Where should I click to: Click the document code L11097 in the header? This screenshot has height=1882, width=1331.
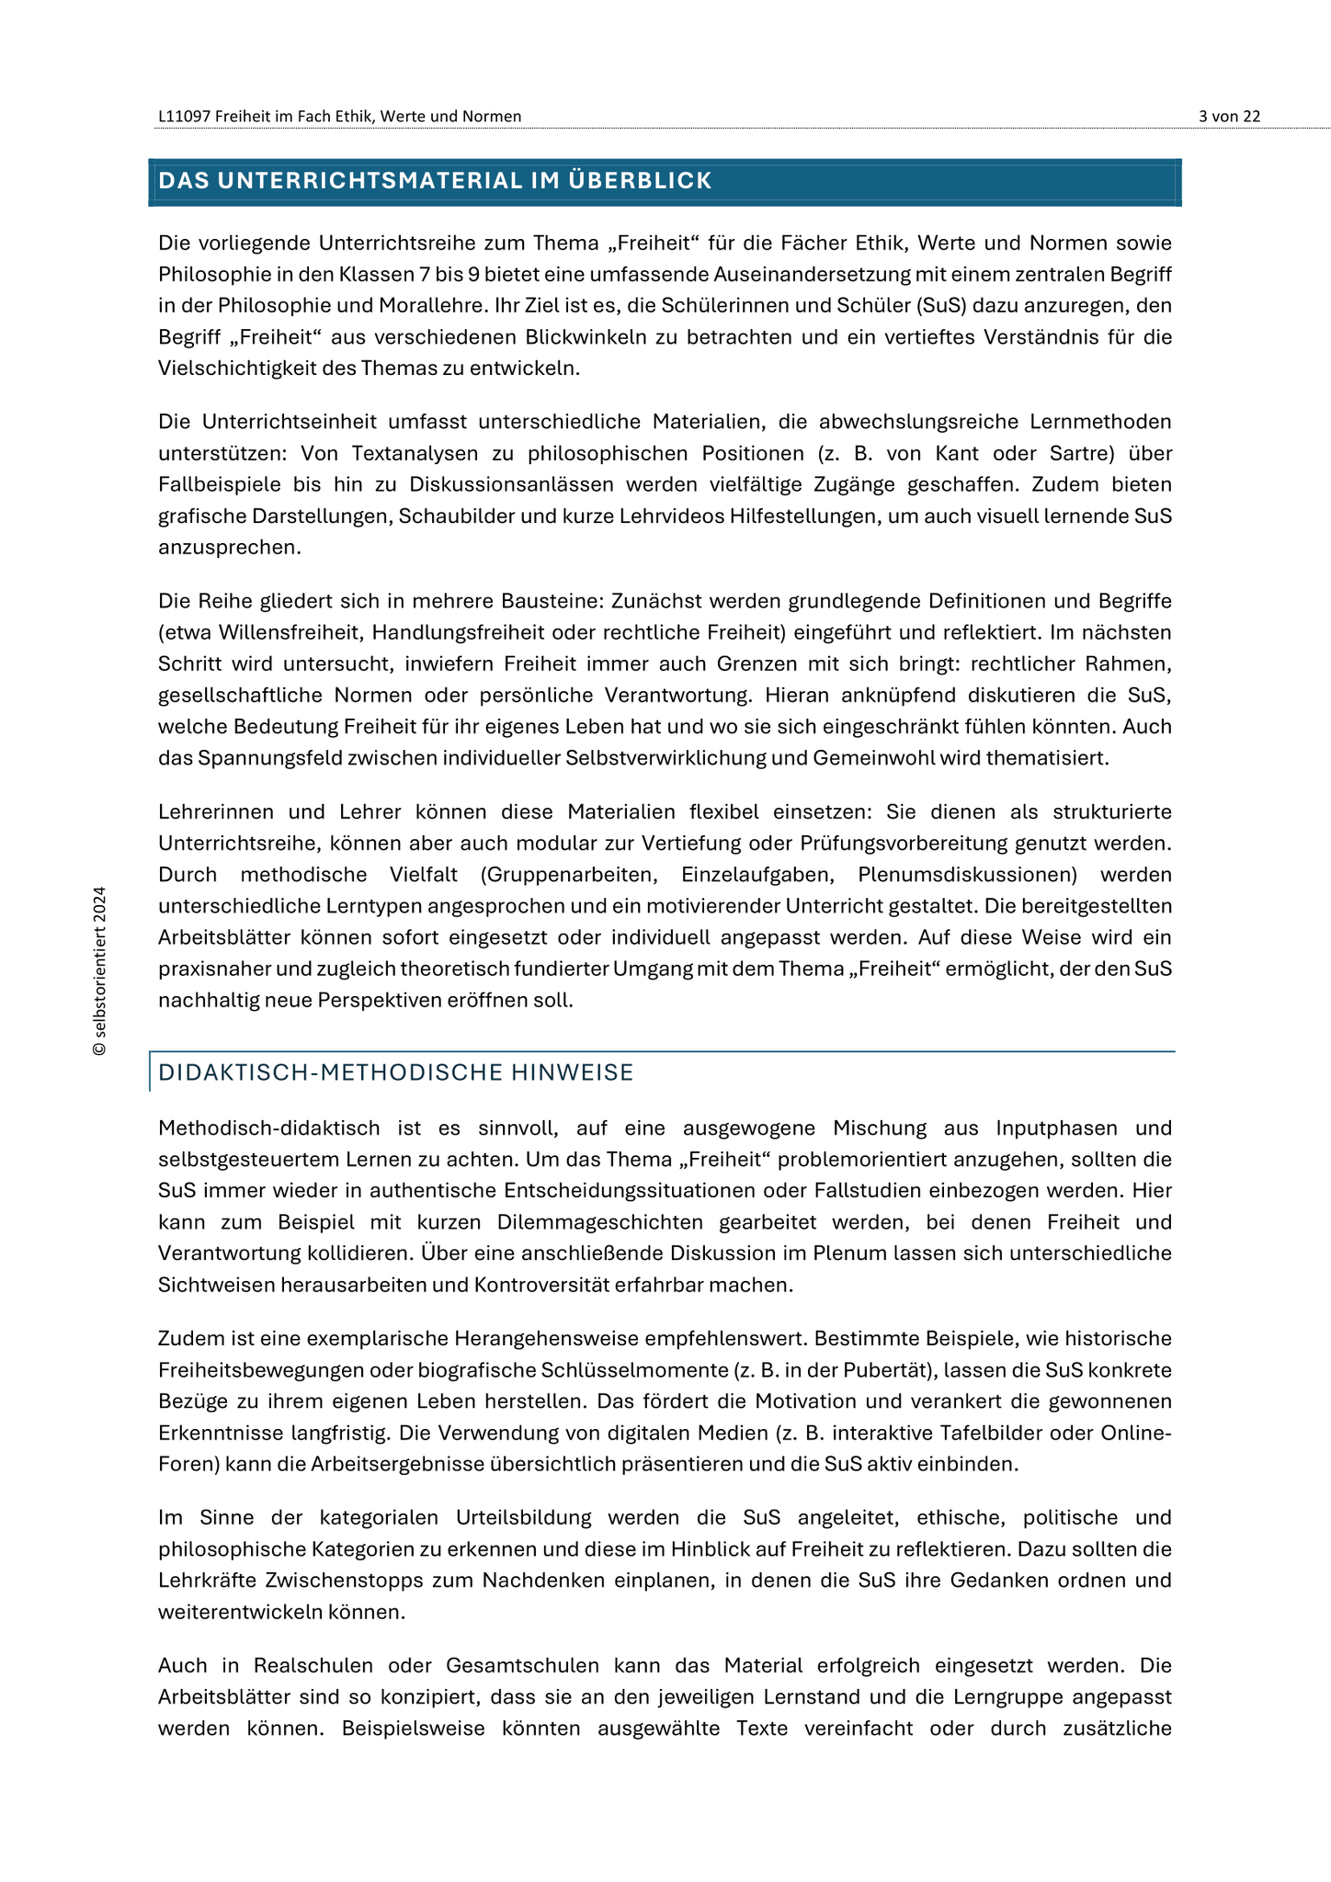click(184, 116)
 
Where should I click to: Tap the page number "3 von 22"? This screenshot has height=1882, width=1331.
click(1229, 116)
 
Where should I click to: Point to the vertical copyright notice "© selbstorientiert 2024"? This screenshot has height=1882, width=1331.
click(100, 970)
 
